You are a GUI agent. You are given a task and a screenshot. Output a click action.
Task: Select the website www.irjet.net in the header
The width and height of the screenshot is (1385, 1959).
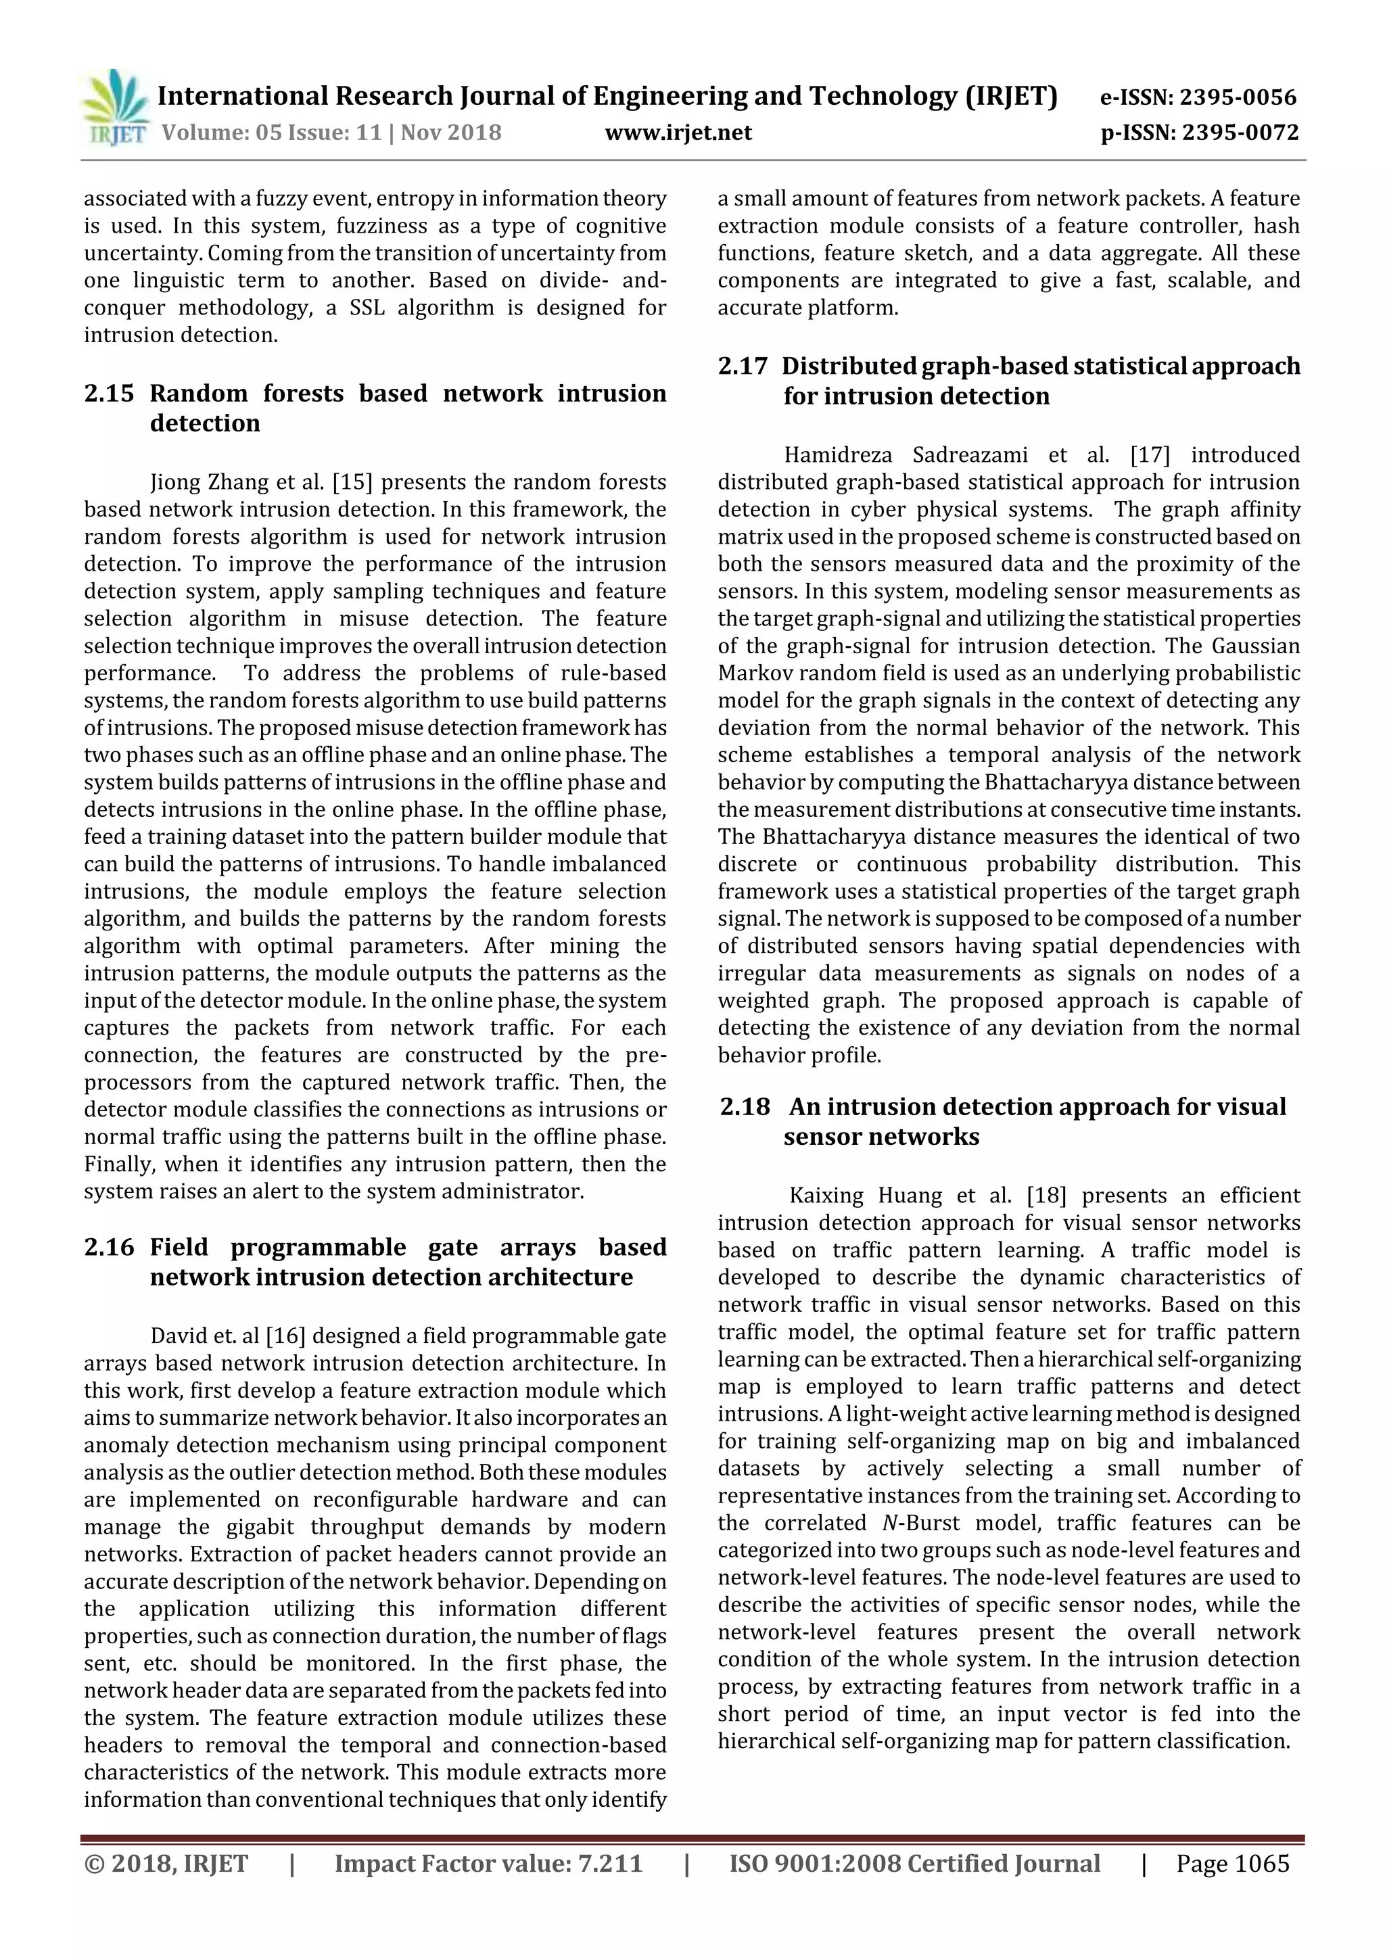(x=678, y=133)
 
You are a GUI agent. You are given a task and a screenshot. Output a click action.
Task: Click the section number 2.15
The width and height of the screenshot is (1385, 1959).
(x=110, y=394)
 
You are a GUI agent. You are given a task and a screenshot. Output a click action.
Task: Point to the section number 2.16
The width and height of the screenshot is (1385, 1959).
(x=110, y=1248)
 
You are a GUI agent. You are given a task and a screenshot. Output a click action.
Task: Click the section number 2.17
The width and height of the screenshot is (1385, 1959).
(x=743, y=366)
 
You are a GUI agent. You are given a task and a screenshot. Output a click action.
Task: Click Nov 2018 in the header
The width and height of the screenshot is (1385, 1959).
(x=452, y=133)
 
